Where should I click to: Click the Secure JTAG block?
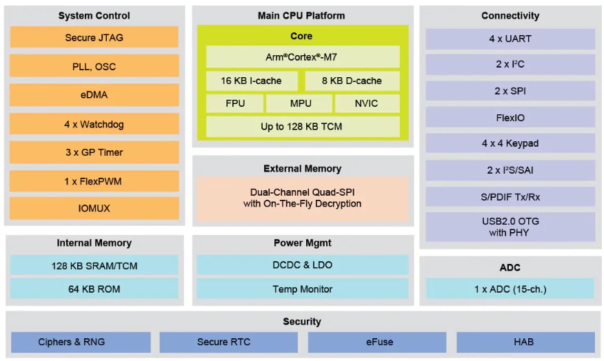pyautogui.click(x=94, y=38)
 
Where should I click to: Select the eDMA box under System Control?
pyautogui.click(x=94, y=95)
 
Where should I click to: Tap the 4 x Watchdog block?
pyautogui.click(x=94, y=124)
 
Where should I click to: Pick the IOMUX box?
pyautogui.click(x=94, y=208)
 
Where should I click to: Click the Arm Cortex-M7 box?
pyautogui.click(x=302, y=57)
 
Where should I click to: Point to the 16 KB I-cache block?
pyautogui.click(x=252, y=81)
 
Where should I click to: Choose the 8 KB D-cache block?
pyautogui.click(x=352, y=81)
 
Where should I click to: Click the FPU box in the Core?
pyautogui.click(x=234, y=104)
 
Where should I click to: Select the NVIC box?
pyautogui.click(x=367, y=104)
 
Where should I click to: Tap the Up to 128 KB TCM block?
pyautogui.click(x=302, y=127)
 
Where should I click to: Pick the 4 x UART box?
pyautogui.click(x=510, y=39)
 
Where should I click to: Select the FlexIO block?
pyautogui.click(x=510, y=118)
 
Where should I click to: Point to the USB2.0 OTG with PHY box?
pyautogui.click(x=510, y=227)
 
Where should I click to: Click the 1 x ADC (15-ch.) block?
pyautogui.click(x=510, y=289)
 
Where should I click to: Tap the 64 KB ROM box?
pyautogui.click(x=94, y=289)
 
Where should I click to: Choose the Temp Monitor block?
pyautogui.click(x=302, y=289)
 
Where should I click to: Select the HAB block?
pyautogui.click(x=525, y=342)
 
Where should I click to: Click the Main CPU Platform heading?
pyautogui.click(x=302, y=15)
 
